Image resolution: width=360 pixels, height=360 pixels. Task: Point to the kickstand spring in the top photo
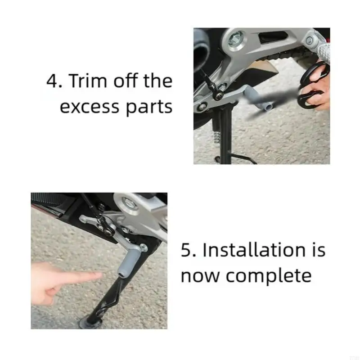coord(217,135)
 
